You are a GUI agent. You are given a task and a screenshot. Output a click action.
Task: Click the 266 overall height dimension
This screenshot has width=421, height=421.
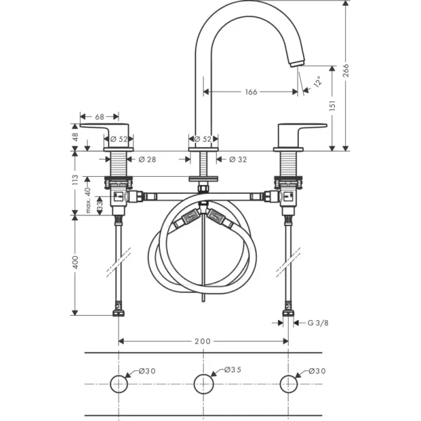click(x=346, y=70)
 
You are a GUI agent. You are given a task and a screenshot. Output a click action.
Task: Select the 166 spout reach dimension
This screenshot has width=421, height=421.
click(x=251, y=92)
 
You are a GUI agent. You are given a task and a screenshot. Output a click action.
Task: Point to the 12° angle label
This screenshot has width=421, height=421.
click(x=318, y=81)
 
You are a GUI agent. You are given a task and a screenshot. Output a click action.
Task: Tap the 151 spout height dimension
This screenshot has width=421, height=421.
click(x=333, y=105)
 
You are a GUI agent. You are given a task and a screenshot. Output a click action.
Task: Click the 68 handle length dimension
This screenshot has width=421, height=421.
click(x=99, y=117)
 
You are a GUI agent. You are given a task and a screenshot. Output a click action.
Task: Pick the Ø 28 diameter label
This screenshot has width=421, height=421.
click(x=147, y=159)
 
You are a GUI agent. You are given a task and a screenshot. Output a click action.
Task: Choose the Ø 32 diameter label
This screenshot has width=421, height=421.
click(x=238, y=159)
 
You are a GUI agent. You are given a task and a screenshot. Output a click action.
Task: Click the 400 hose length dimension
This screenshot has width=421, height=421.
click(x=75, y=262)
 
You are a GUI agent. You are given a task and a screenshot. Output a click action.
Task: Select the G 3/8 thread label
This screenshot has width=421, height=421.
click(x=318, y=323)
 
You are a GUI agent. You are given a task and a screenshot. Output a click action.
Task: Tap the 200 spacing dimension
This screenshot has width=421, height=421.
click(x=203, y=341)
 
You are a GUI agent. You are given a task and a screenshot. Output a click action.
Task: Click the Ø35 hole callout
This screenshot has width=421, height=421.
click(x=233, y=370)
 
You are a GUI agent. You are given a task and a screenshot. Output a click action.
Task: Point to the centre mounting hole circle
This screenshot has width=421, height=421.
click(x=204, y=375)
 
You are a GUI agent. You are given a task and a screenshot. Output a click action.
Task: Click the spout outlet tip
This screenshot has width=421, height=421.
click(x=297, y=64)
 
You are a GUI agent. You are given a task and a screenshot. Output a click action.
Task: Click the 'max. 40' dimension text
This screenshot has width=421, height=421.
click(x=88, y=200)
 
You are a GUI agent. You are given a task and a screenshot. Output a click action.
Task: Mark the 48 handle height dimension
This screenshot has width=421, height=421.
click(x=75, y=137)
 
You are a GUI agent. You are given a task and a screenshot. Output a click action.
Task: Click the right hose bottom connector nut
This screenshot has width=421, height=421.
click(x=288, y=313)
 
